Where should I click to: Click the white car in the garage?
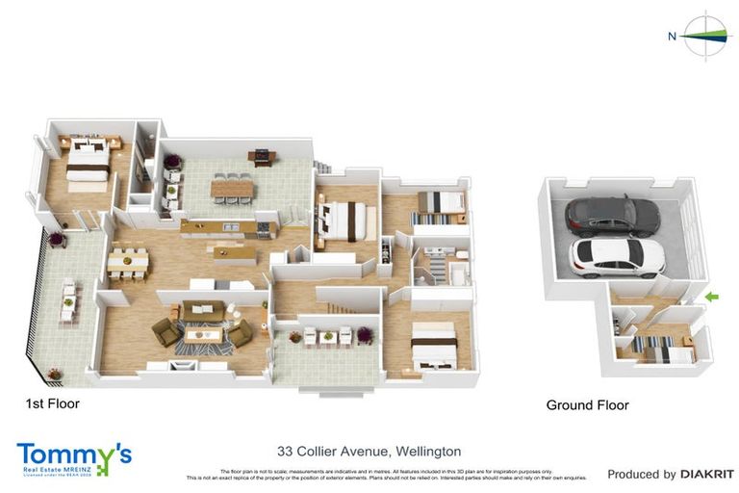tap(618, 257)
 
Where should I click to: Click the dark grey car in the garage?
tap(612, 215)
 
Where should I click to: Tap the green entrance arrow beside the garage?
tap(712, 297)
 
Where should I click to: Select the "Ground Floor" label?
tap(587, 405)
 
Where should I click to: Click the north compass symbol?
tap(706, 36)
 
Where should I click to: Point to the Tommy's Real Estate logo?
tap(74, 456)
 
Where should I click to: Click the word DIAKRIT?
tap(707, 475)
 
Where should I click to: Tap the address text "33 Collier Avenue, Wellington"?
tap(369, 451)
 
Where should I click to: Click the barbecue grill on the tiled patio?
tap(260, 156)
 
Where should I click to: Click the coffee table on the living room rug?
tap(204, 333)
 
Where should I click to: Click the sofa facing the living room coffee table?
tap(203, 311)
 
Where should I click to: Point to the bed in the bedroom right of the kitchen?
tap(344, 221)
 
